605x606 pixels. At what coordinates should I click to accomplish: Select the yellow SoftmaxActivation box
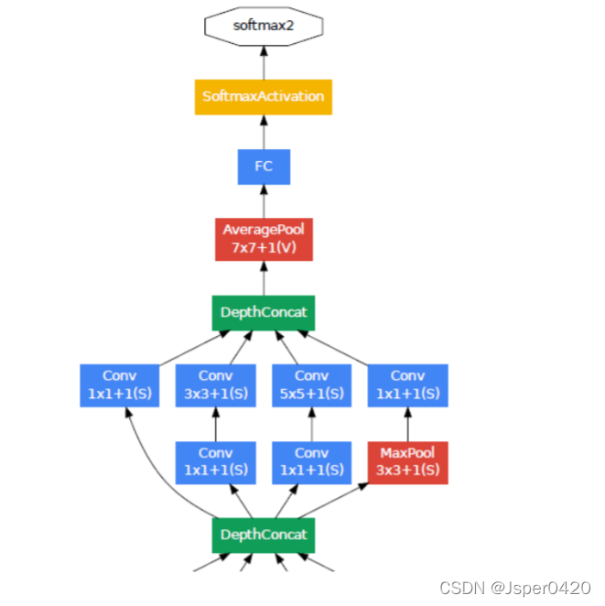tap(264, 96)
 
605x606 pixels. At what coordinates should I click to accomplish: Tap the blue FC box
tap(264, 168)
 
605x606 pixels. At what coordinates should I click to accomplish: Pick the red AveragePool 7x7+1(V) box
tap(264, 239)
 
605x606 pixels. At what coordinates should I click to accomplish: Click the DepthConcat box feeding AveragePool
tap(264, 312)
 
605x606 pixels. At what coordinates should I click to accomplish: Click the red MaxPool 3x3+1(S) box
tap(408, 462)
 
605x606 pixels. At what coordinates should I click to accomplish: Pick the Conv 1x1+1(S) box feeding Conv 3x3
tap(216, 462)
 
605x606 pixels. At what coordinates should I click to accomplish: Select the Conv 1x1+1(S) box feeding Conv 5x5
tap(312, 462)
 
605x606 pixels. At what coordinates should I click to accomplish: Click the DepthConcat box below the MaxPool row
tap(264, 535)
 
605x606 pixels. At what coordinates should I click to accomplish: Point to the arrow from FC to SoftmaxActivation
tap(264, 132)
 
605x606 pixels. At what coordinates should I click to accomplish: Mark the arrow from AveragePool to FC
tap(264, 201)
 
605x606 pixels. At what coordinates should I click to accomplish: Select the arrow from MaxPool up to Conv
tap(408, 424)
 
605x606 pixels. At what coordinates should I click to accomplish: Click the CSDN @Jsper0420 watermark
tap(515, 587)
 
